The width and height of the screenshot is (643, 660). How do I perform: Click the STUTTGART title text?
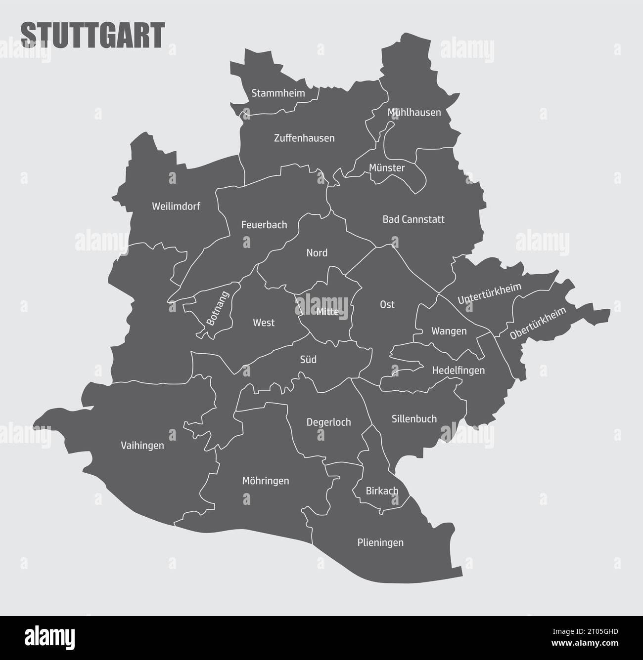click(x=92, y=35)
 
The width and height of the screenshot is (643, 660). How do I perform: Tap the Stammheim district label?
click(x=278, y=93)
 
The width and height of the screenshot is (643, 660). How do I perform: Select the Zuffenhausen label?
click(x=304, y=138)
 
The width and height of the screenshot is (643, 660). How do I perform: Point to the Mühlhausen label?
click(x=414, y=113)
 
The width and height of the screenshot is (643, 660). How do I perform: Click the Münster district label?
click(x=387, y=168)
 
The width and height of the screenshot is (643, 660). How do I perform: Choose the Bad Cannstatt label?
click(x=413, y=219)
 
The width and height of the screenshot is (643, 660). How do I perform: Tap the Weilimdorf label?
click(x=176, y=206)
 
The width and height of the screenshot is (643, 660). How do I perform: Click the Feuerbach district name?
click(x=264, y=225)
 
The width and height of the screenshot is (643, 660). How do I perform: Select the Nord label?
click(x=317, y=253)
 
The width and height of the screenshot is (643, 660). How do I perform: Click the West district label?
click(x=264, y=323)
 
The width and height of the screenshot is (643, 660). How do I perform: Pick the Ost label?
click(x=387, y=305)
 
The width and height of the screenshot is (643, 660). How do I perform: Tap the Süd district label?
click(x=308, y=360)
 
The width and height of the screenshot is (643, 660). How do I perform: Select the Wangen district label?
click(x=449, y=331)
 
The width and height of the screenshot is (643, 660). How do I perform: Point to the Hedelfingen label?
click(x=458, y=370)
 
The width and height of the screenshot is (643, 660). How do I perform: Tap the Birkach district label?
click(x=382, y=491)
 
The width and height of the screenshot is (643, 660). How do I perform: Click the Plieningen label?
click(x=380, y=543)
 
